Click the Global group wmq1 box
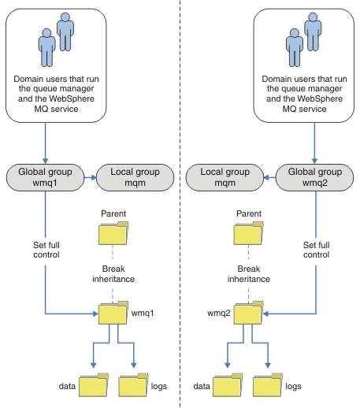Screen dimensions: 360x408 (x=45, y=177)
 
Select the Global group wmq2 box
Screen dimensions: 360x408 (x=314, y=177)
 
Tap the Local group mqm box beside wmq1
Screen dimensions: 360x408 (x=135, y=177)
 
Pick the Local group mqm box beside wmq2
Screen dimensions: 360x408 (x=225, y=177)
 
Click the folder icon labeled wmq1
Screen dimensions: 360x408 (x=113, y=313)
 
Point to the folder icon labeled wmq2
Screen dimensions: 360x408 (x=248, y=313)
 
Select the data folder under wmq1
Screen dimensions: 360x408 (x=94, y=385)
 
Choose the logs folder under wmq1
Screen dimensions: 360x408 (x=133, y=385)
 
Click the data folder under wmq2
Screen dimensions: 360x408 (x=228, y=385)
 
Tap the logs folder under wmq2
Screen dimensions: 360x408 (x=268, y=385)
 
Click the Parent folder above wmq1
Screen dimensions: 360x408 (x=113, y=233)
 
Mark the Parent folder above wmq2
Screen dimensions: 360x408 (x=248, y=233)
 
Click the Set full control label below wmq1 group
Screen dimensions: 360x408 (x=46, y=250)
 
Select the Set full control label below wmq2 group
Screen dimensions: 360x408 (x=316, y=250)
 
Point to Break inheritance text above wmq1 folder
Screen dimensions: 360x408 (x=113, y=274)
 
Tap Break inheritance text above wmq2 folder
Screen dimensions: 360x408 (x=249, y=274)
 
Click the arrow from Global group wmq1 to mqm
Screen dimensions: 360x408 (x=91, y=178)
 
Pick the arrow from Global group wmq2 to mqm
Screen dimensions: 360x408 (x=269, y=178)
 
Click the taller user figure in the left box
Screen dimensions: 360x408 (x=65, y=32)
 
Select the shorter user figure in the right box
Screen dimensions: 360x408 (x=295, y=47)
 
